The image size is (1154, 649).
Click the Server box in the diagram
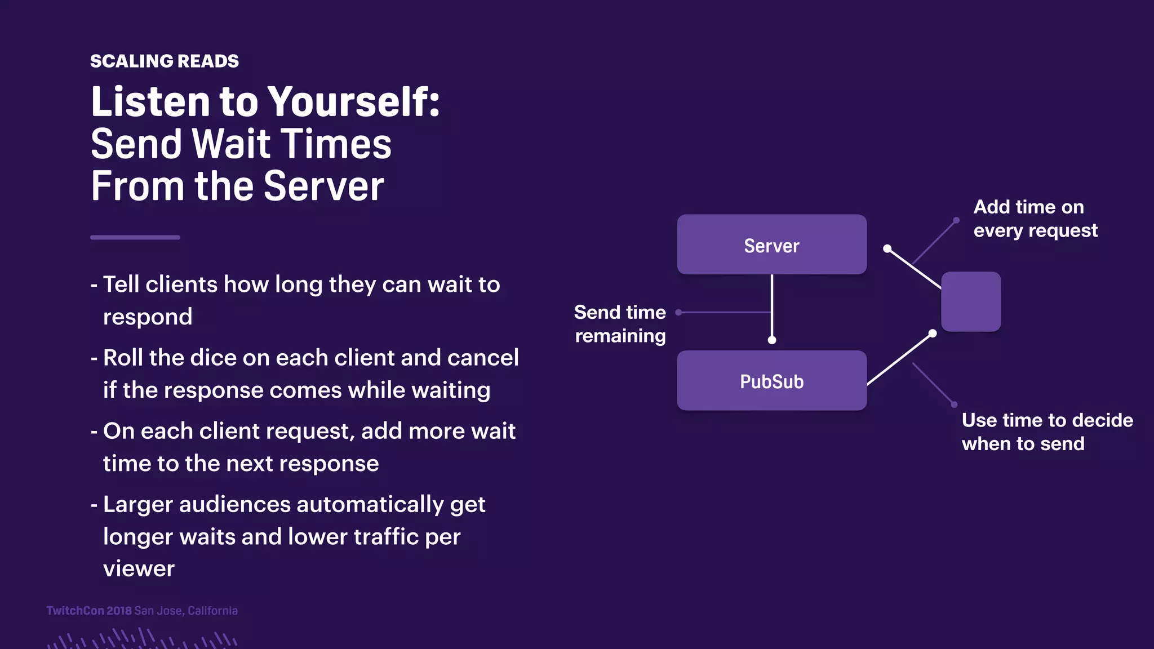coord(771,245)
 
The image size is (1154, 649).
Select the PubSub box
coord(771,381)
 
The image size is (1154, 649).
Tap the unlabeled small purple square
coord(971,301)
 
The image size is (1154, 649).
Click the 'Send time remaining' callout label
coord(620,324)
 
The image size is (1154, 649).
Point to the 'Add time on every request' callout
coord(1035,219)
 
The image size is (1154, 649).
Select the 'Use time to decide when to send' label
coord(1046,432)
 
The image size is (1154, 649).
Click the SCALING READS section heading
coord(164,61)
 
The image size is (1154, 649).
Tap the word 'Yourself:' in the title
coord(353,102)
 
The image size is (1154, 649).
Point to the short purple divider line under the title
coord(135,238)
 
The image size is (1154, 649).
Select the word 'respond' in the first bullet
coord(148,317)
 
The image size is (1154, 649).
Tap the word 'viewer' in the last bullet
coord(139,568)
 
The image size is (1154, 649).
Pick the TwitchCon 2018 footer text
coord(89,611)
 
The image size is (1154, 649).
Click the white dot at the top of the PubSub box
coord(772,340)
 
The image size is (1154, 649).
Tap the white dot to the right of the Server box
coord(887,248)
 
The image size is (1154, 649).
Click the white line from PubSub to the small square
coord(899,359)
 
